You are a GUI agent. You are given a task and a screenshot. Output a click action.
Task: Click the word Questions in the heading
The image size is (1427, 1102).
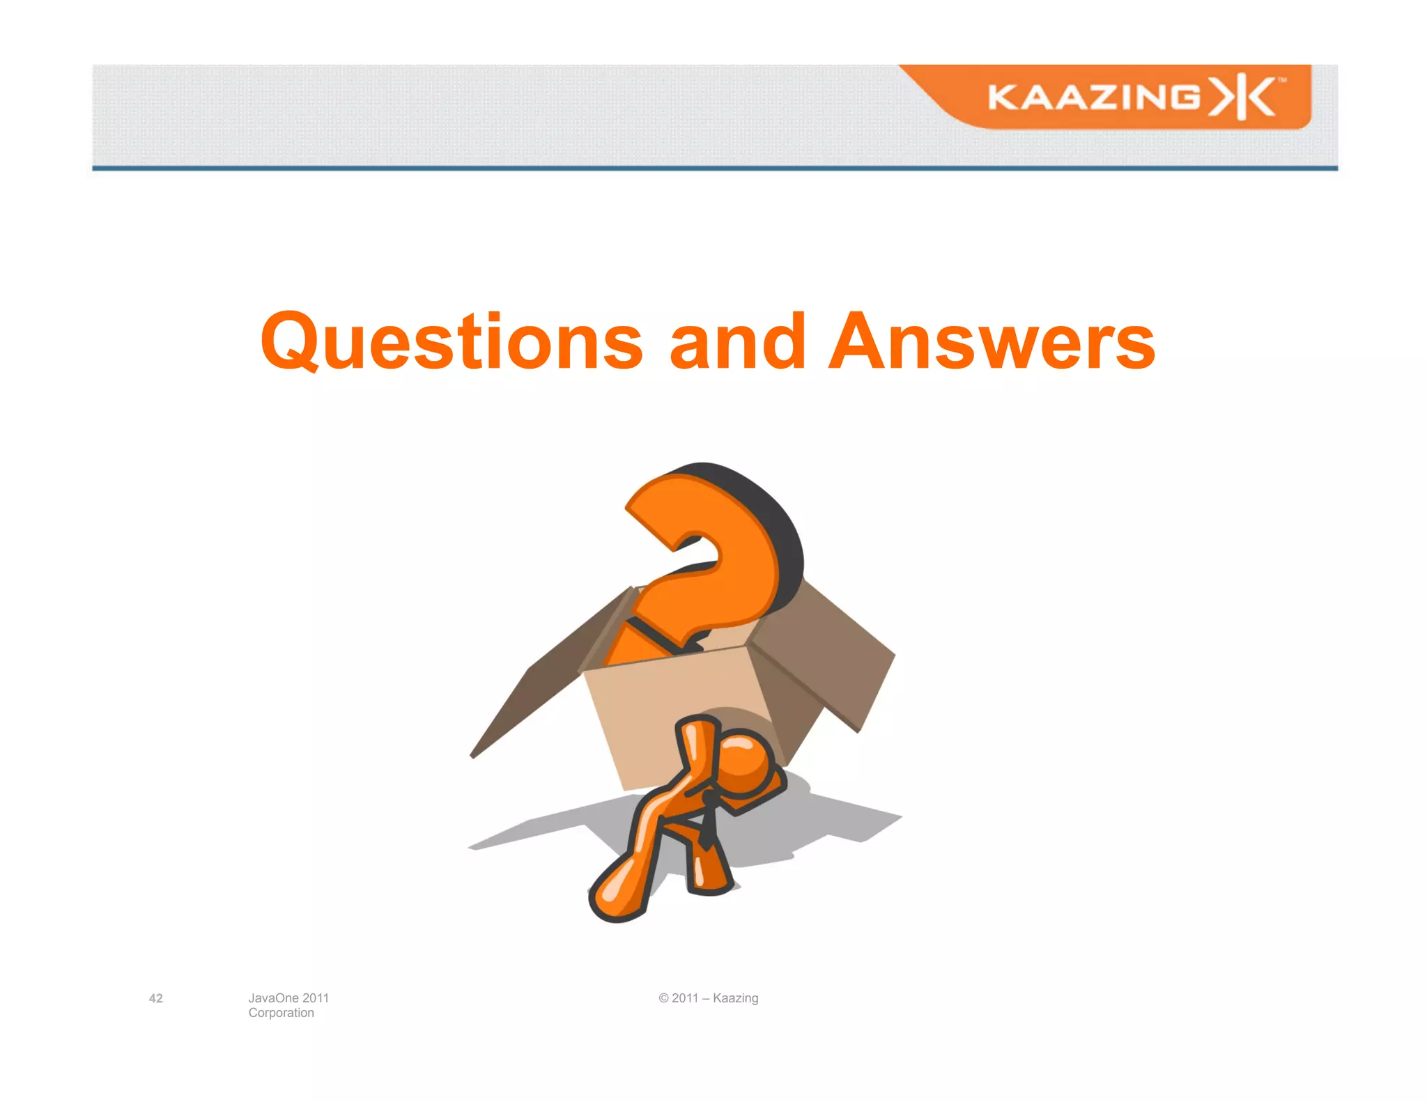[x=452, y=342]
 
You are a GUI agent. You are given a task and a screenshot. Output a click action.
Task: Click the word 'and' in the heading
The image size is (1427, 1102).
[x=737, y=342]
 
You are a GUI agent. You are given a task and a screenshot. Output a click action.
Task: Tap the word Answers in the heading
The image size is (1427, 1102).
[x=992, y=342]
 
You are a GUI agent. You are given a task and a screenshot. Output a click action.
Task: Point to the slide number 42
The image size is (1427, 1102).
[x=156, y=998]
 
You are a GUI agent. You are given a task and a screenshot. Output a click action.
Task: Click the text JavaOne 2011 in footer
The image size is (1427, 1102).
[x=288, y=998]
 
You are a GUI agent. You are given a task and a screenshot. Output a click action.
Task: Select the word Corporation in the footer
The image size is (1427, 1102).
[x=281, y=1013]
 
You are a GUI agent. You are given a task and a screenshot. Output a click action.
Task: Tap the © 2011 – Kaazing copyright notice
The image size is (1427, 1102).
[x=709, y=998]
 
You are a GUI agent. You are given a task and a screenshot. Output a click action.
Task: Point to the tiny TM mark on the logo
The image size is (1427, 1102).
[x=1281, y=81]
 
